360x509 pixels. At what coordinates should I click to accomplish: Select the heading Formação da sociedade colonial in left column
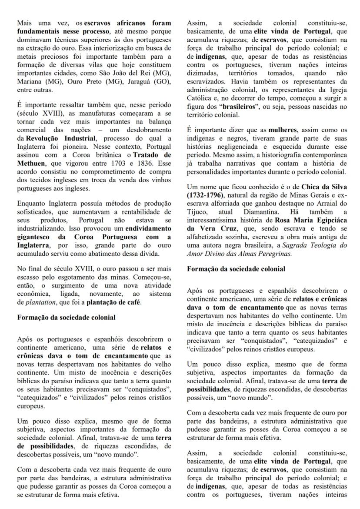click(x=67, y=317)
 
